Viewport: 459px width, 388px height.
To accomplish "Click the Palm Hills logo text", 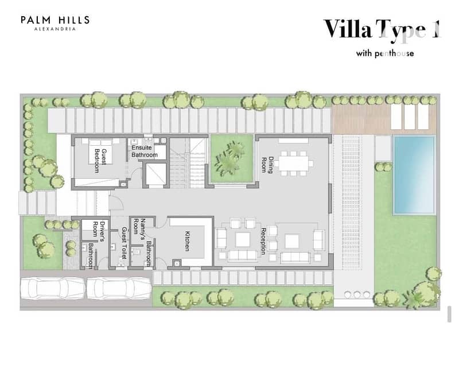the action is click(55, 20).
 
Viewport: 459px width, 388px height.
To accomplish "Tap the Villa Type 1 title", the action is click(382, 29).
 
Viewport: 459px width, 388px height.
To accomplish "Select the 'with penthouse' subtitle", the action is click(385, 53).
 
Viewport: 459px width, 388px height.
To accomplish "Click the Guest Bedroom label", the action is click(100, 161).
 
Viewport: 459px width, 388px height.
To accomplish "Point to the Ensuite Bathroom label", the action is click(145, 151).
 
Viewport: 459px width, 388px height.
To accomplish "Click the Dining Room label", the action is click(267, 165).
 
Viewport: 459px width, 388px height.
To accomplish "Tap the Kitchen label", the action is click(188, 241).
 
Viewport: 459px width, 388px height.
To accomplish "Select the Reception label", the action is click(263, 241).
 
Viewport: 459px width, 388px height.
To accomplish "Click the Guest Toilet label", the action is click(124, 243).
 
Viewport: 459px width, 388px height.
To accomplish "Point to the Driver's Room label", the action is click(99, 229).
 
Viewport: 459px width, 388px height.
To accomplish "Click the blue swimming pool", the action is click(414, 175).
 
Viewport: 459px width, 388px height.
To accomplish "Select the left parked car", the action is click(53, 289).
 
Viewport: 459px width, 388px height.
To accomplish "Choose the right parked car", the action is click(119, 289).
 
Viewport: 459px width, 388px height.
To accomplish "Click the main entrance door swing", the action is click(116, 203).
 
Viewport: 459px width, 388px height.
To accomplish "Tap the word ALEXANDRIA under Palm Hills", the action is click(55, 29).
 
